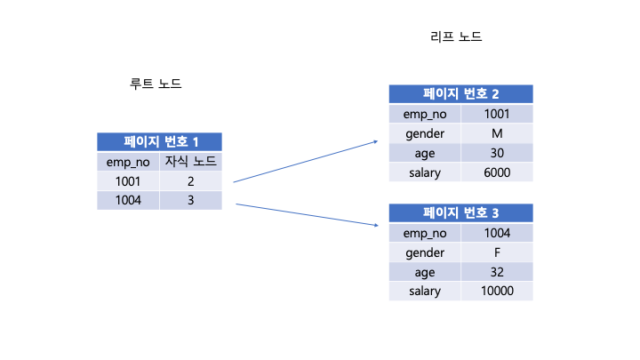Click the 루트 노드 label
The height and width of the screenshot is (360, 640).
click(x=156, y=84)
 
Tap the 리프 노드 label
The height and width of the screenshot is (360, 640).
click(x=456, y=37)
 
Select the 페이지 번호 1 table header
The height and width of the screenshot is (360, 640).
click(x=159, y=141)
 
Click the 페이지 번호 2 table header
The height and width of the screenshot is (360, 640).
click(x=460, y=93)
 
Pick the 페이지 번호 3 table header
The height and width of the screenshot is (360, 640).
click(x=460, y=212)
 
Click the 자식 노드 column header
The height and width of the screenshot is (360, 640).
click(x=190, y=162)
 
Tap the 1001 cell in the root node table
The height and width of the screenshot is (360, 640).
click(x=128, y=181)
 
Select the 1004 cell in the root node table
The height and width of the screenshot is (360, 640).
click(x=128, y=201)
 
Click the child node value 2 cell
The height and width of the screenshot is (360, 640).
click(x=190, y=181)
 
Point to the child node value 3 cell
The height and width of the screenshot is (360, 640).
click(x=190, y=201)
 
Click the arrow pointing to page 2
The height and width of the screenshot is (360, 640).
click(x=305, y=161)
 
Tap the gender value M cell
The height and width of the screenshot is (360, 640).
click(x=497, y=133)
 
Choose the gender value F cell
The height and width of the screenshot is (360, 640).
click(x=497, y=252)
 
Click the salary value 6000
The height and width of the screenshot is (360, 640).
click(x=497, y=172)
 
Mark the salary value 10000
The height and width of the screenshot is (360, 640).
click(x=497, y=292)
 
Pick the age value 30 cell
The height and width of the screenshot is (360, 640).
click(x=497, y=153)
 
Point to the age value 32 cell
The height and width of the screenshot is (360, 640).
click(x=497, y=272)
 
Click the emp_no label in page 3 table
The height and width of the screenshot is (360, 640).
click(x=425, y=233)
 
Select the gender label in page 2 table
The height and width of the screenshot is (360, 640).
click(x=425, y=133)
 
